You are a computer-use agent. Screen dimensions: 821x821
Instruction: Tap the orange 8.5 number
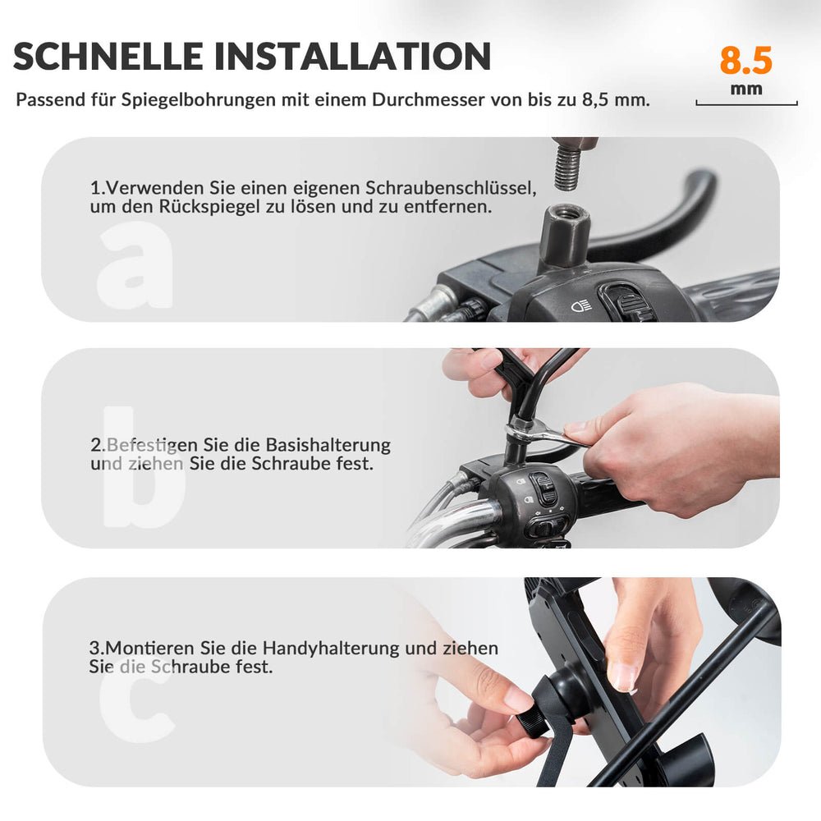tap(745, 61)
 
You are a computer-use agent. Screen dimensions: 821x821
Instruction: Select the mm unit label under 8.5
tap(746, 89)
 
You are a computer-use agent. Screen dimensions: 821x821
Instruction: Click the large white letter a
tap(135, 267)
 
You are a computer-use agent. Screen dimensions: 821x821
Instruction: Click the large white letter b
tap(144, 468)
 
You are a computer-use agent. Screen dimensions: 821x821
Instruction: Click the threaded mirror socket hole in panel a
tap(566, 213)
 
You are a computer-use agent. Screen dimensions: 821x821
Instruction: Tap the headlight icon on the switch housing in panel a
tap(580, 307)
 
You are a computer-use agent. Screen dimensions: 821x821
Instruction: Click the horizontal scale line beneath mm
tap(746, 104)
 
